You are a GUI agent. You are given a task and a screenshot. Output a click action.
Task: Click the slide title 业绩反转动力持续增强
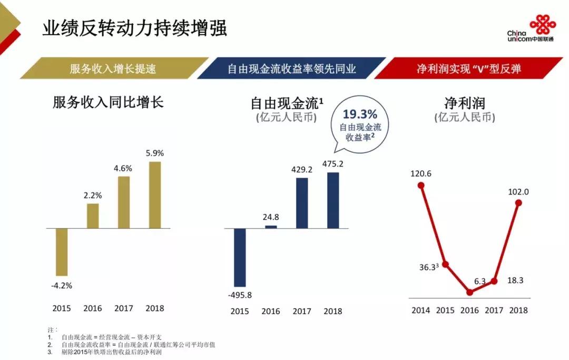pyautogui.click(x=134, y=28)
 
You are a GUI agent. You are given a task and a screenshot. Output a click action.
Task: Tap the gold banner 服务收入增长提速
pyautogui.click(x=113, y=69)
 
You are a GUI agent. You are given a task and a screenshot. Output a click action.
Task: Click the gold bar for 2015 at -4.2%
pyautogui.click(x=62, y=252)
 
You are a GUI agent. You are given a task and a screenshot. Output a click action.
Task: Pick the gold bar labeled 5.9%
pyautogui.click(x=155, y=195)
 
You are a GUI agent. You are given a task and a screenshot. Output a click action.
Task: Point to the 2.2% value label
pyautogui.click(x=93, y=194)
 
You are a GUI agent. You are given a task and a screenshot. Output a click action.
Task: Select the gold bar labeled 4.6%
pyautogui.click(x=124, y=202)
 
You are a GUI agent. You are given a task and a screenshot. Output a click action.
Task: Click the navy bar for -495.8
pyautogui.click(x=240, y=257)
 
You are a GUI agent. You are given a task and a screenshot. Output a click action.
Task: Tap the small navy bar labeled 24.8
pyautogui.click(x=271, y=227)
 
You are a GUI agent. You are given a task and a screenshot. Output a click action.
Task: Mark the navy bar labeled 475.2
pyautogui.click(x=333, y=200)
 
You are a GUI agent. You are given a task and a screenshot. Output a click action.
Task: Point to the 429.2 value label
pyautogui.click(x=302, y=170)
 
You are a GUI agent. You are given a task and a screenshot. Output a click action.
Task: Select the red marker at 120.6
pyautogui.click(x=420, y=185)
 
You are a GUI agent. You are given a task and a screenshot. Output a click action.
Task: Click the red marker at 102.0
pyautogui.click(x=518, y=203)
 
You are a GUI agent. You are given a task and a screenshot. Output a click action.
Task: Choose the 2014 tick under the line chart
pyautogui.click(x=420, y=310)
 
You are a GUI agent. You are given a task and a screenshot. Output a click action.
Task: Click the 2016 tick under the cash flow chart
pyautogui.click(x=271, y=312)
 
